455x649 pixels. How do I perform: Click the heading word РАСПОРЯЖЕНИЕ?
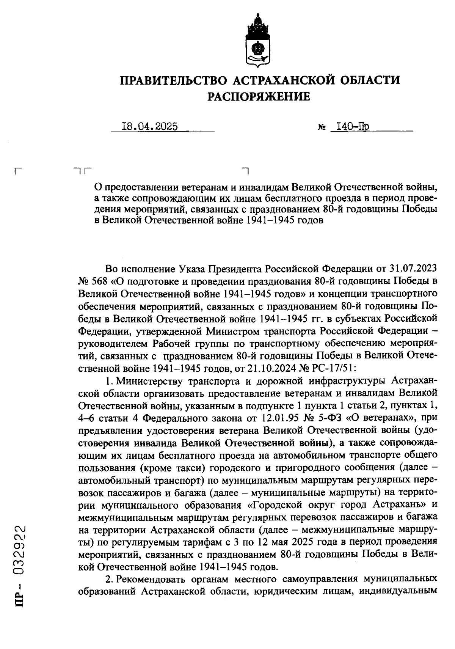[x=259, y=97]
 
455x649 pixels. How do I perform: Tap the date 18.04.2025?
[x=149, y=126]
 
